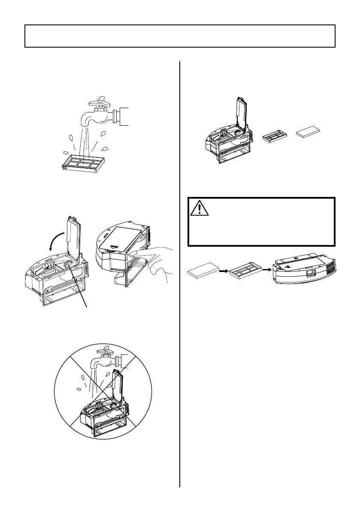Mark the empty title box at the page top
(x=180, y=36)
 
